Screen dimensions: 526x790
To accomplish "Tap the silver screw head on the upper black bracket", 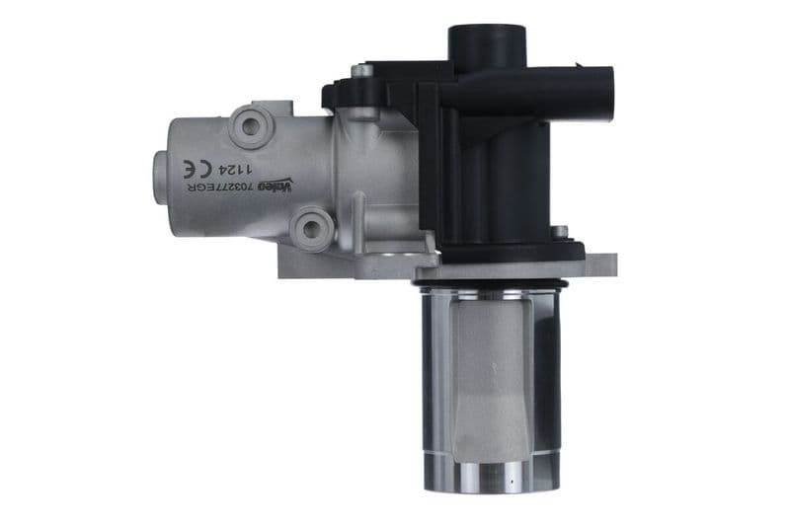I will (362, 71).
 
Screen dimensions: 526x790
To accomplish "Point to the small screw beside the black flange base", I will (560, 233).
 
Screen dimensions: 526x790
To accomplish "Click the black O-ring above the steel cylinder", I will (491, 285).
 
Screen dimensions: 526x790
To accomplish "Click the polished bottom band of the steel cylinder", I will (491, 478).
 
